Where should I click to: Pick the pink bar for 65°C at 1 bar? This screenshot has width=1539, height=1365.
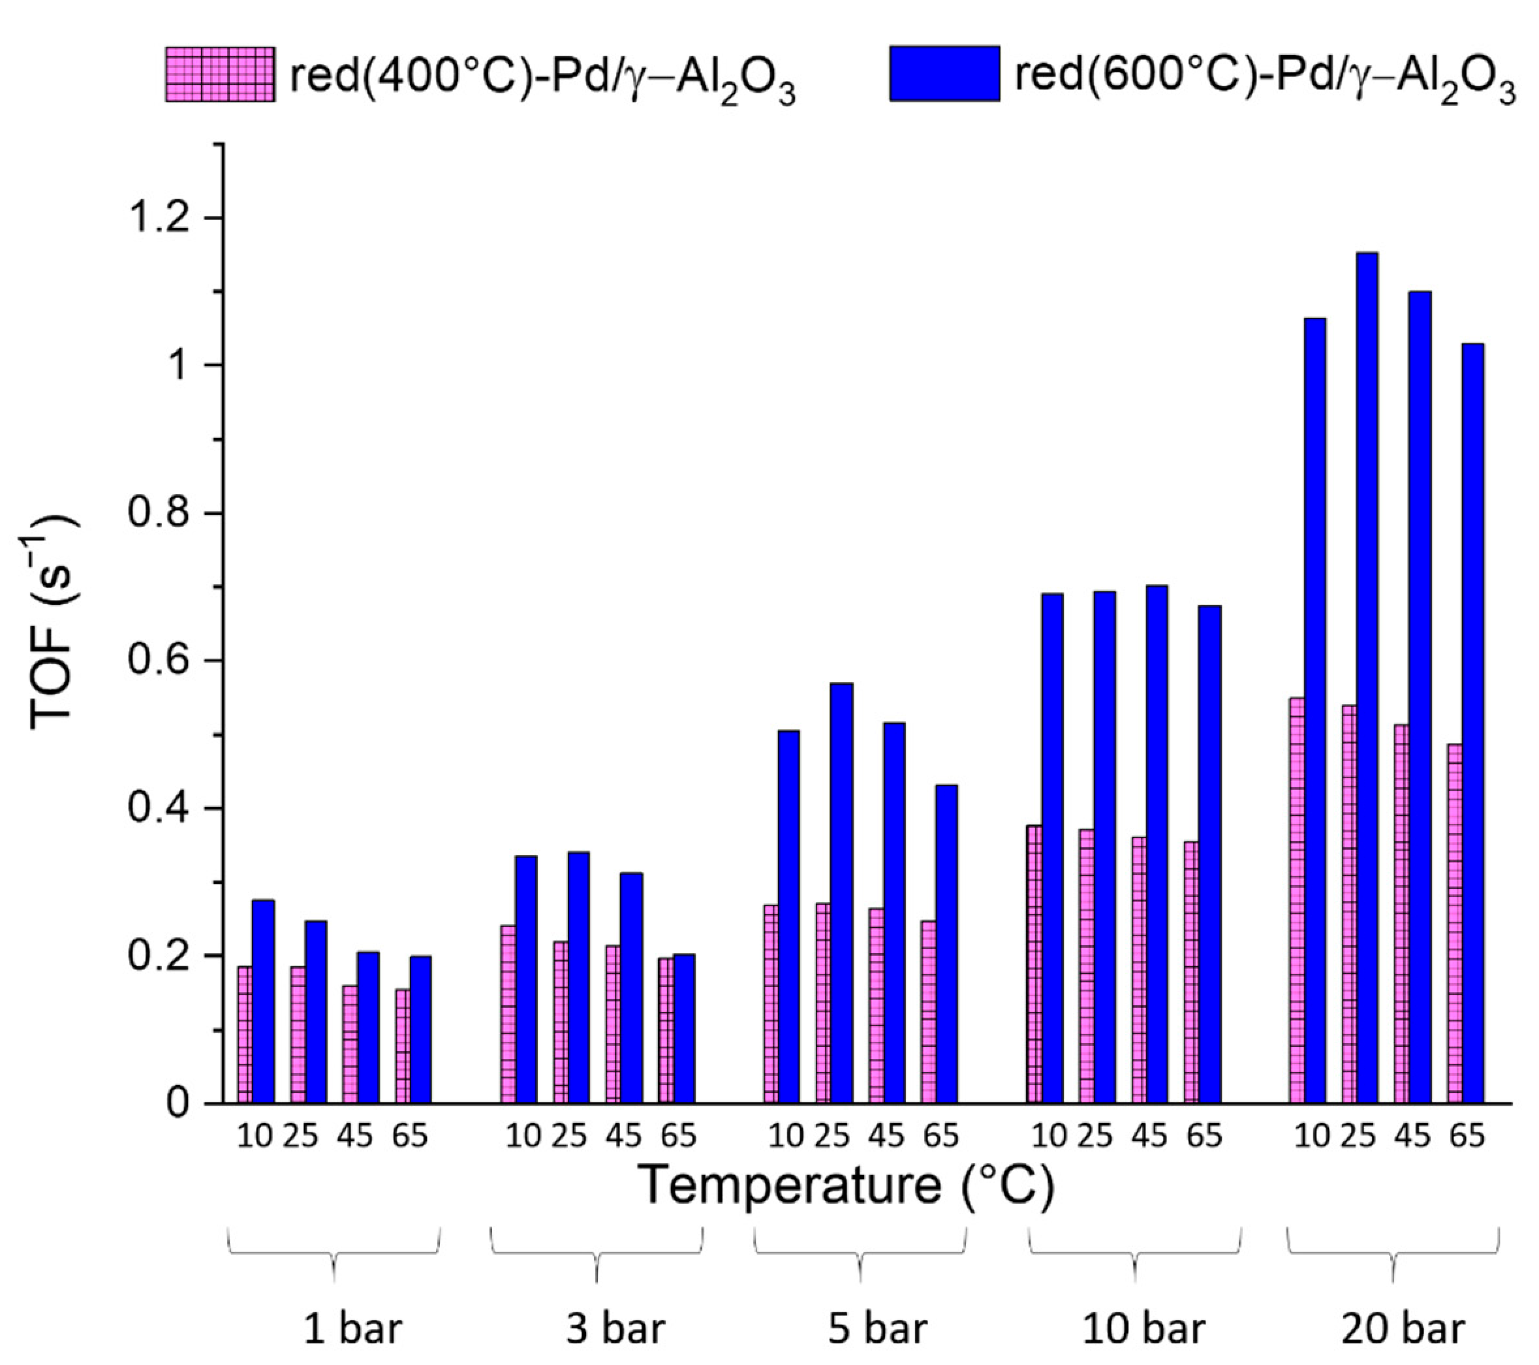[403, 1046]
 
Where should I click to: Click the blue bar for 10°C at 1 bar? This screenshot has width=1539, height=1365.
[264, 1001]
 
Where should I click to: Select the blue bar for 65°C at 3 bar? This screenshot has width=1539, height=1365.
[683, 1028]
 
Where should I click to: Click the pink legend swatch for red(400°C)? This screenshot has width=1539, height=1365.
[219, 74]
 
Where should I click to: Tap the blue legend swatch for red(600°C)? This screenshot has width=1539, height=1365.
[944, 73]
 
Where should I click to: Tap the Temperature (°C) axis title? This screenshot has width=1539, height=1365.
[848, 1186]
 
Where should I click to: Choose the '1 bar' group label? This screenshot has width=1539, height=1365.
[352, 1330]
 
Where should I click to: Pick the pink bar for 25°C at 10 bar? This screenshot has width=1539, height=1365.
[1087, 967]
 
